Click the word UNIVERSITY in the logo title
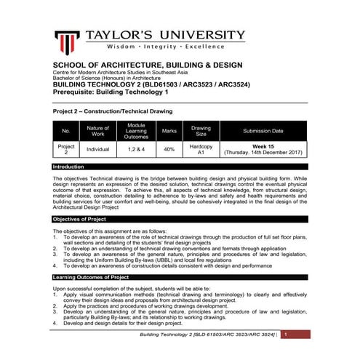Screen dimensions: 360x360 coord(201,35)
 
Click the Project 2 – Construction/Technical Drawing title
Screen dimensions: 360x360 coord(113,111)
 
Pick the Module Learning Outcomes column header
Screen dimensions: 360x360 coord(136,131)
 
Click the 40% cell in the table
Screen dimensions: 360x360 coord(169,149)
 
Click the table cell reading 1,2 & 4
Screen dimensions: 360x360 coord(136,149)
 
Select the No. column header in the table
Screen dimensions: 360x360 coord(65,131)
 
